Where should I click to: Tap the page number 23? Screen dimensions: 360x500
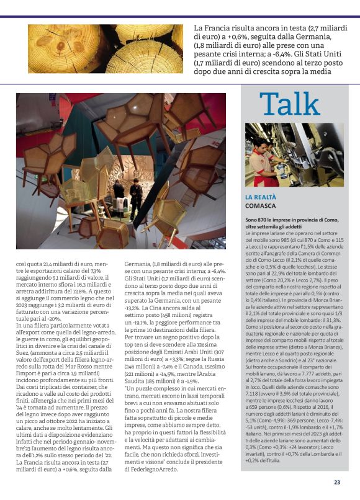click(337, 481)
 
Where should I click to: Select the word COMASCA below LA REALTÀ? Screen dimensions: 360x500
click(261, 205)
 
